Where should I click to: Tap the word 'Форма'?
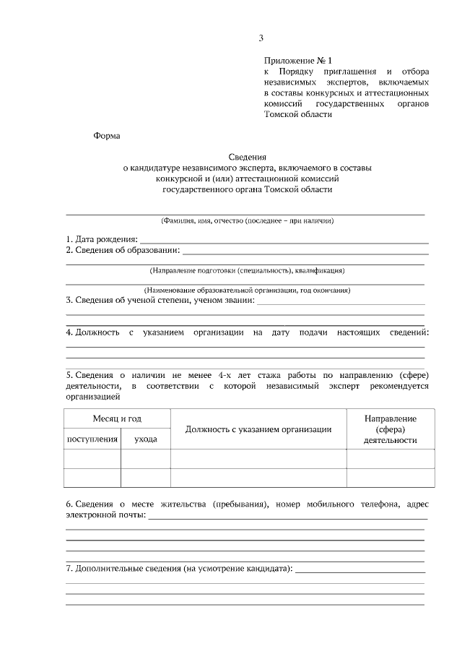coord(107,135)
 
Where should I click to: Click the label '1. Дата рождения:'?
coord(102,239)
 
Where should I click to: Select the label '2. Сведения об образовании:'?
coord(123,251)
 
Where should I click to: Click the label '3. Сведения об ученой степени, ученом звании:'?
coord(160,301)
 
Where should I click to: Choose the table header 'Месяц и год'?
coord(117,419)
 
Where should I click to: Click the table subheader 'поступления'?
coord(92,439)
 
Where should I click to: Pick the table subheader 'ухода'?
coord(145,439)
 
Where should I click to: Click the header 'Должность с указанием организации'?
coord(258,429)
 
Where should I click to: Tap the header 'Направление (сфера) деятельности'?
coord(390,429)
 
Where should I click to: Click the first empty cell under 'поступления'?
coord(92,459)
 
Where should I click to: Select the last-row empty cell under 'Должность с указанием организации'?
coord(258,478)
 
